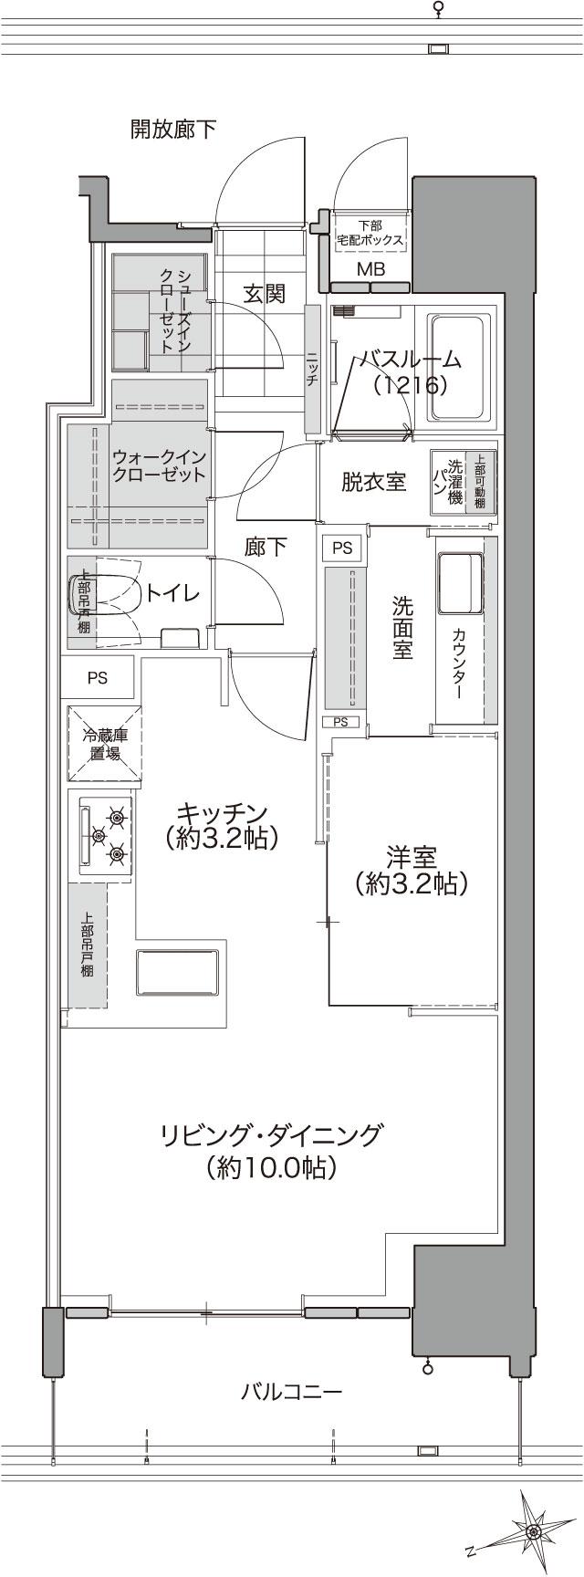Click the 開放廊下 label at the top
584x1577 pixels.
172,130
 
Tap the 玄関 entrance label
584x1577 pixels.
264,294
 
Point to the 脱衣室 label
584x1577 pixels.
373,482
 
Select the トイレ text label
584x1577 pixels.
172,593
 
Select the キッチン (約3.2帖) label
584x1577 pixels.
221,825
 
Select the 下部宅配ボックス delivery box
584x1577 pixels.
370,233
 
